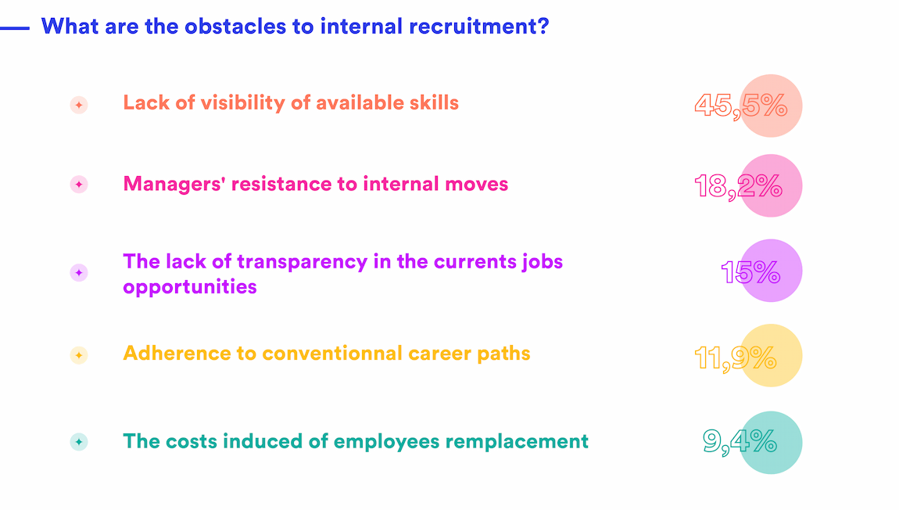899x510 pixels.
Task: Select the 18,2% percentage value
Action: [x=737, y=186]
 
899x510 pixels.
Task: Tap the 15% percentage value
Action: [x=750, y=271]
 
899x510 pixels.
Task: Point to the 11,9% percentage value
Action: [x=735, y=357]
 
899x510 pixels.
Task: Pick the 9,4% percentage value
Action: [x=739, y=442]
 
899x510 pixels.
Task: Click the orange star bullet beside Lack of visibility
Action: [x=79, y=105]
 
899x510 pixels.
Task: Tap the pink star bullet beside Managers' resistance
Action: [x=79, y=185]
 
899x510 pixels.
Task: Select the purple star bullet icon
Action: [x=79, y=272]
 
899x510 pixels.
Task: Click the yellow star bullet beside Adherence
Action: [x=79, y=355]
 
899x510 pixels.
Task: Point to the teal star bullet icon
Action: [x=79, y=442]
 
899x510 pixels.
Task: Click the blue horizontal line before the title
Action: [x=15, y=28]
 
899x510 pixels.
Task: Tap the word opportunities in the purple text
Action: [x=190, y=287]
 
